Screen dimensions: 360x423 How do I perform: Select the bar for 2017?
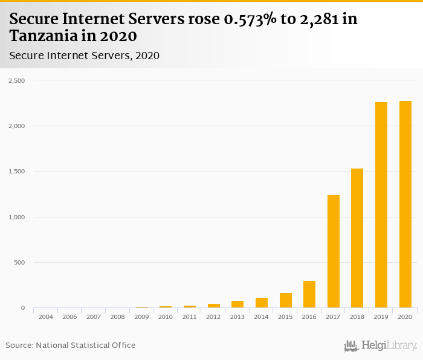(x=333, y=251)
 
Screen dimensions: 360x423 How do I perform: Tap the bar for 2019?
(x=381, y=205)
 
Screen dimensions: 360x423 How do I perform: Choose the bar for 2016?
(x=309, y=294)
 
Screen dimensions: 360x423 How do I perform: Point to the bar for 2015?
(x=285, y=300)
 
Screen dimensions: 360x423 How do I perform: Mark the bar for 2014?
(x=262, y=303)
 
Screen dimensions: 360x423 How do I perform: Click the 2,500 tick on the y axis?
(x=16, y=80)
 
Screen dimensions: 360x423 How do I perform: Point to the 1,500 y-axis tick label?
(x=16, y=172)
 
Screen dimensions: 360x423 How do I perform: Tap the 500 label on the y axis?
(x=19, y=263)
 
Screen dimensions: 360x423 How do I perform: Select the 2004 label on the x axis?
(x=45, y=317)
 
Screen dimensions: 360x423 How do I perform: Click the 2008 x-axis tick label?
(x=117, y=317)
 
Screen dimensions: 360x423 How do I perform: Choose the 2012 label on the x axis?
(x=213, y=317)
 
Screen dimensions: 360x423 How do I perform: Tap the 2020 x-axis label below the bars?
(x=405, y=317)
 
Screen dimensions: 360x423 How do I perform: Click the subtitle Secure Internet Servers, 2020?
(x=85, y=56)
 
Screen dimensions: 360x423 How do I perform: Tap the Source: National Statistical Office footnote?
(x=71, y=345)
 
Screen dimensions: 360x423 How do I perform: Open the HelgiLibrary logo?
(x=380, y=346)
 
